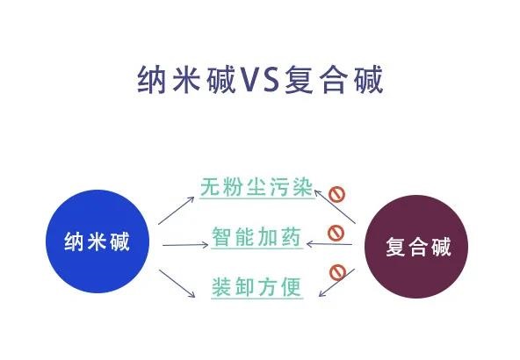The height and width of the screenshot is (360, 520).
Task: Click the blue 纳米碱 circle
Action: [x=97, y=241]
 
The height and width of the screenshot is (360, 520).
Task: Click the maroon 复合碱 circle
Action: [x=416, y=247]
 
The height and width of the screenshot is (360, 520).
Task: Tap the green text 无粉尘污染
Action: [x=256, y=187]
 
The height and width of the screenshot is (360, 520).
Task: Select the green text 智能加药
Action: [x=256, y=237]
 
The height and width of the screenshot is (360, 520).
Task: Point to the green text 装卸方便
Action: [x=256, y=287]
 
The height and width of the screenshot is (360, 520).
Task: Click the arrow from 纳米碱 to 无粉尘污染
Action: [x=176, y=211]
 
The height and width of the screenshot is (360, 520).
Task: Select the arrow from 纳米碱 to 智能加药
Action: [x=185, y=245]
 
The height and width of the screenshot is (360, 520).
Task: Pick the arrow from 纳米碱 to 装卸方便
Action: [x=177, y=284]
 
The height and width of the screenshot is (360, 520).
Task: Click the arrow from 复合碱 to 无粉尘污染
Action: [x=335, y=206]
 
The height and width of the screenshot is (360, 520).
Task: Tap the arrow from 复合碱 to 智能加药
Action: [x=329, y=244]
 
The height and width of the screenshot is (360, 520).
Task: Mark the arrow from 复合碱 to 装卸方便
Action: [x=336, y=283]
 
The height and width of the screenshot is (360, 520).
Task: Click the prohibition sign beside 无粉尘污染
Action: [x=337, y=194]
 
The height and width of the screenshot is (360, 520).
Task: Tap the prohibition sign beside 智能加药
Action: [x=336, y=233]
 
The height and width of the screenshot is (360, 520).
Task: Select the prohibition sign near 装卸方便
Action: [x=337, y=272]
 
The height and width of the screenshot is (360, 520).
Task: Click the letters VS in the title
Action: [x=260, y=80]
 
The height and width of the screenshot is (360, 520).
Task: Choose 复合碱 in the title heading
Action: [x=334, y=80]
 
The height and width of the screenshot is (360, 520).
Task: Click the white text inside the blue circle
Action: [x=97, y=241]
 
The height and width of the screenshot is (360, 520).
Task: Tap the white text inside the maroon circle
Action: [x=418, y=247]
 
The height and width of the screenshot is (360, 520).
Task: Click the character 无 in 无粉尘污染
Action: [x=211, y=187]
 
